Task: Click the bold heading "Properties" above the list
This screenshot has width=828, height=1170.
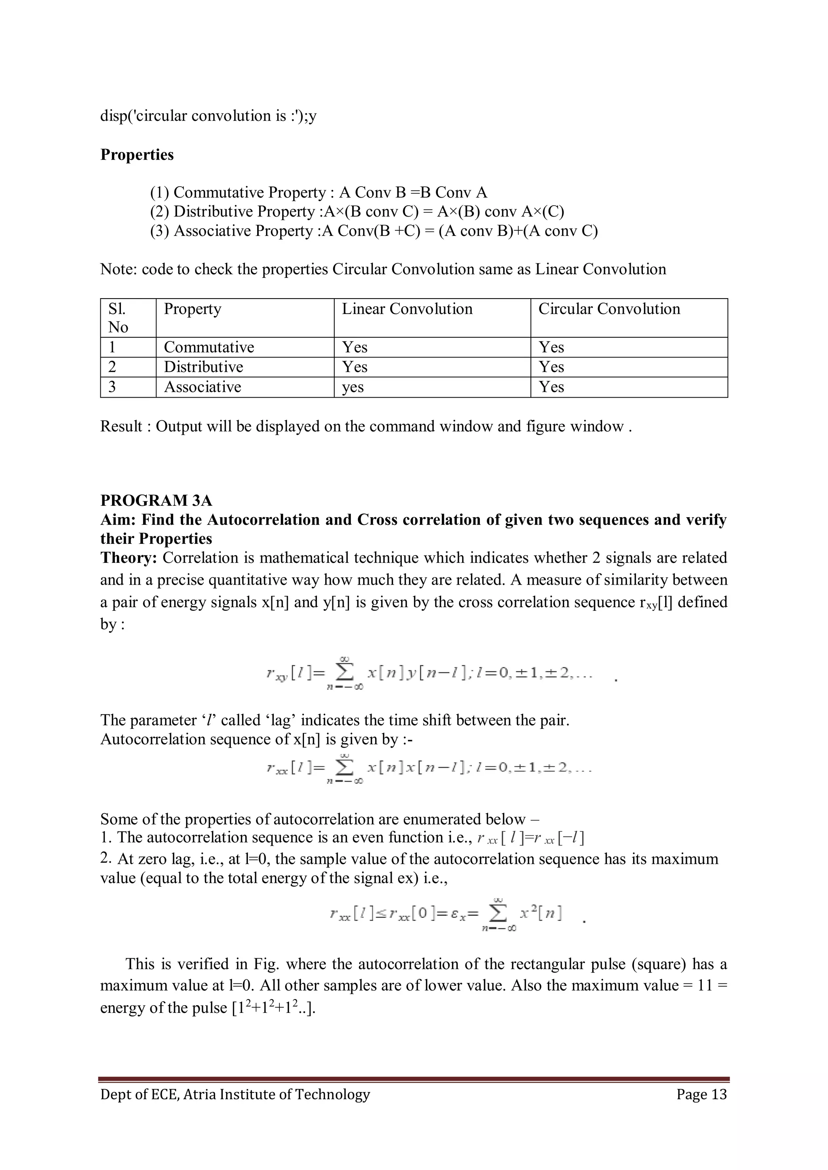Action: [137, 154]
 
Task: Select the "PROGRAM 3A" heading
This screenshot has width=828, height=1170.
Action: [156, 501]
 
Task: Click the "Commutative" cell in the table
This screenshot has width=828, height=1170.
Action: [209, 347]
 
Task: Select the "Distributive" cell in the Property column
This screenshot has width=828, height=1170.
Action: [203, 367]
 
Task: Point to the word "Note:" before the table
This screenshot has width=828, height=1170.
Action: [118, 269]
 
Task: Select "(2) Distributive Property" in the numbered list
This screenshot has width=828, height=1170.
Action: [232, 211]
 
